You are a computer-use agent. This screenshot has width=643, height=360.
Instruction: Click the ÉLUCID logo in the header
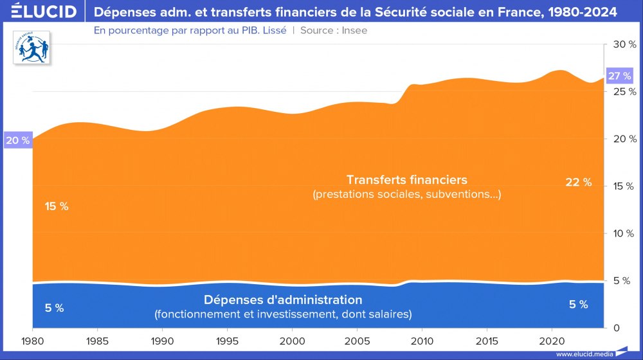click(x=39, y=12)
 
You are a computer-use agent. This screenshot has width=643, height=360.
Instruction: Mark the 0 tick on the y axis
click(x=615, y=328)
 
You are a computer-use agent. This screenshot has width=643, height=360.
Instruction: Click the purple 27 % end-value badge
click(x=619, y=76)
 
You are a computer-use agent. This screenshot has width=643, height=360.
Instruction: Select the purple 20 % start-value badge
click(x=17, y=141)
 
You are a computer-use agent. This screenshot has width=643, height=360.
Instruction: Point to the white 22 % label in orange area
click(x=578, y=183)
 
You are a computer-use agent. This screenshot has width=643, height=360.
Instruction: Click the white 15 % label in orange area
click(x=57, y=206)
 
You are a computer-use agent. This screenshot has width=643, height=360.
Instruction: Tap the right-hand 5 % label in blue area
click(x=578, y=305)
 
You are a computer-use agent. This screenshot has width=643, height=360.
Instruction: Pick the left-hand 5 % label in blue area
click(x=54, y=308)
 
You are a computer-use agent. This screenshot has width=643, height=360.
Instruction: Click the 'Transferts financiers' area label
click(x=406, y=179)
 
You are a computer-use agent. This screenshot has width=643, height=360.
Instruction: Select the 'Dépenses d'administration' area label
click(x=283, y=300)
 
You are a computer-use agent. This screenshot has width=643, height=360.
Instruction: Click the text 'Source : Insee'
click(x=334, y=30)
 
